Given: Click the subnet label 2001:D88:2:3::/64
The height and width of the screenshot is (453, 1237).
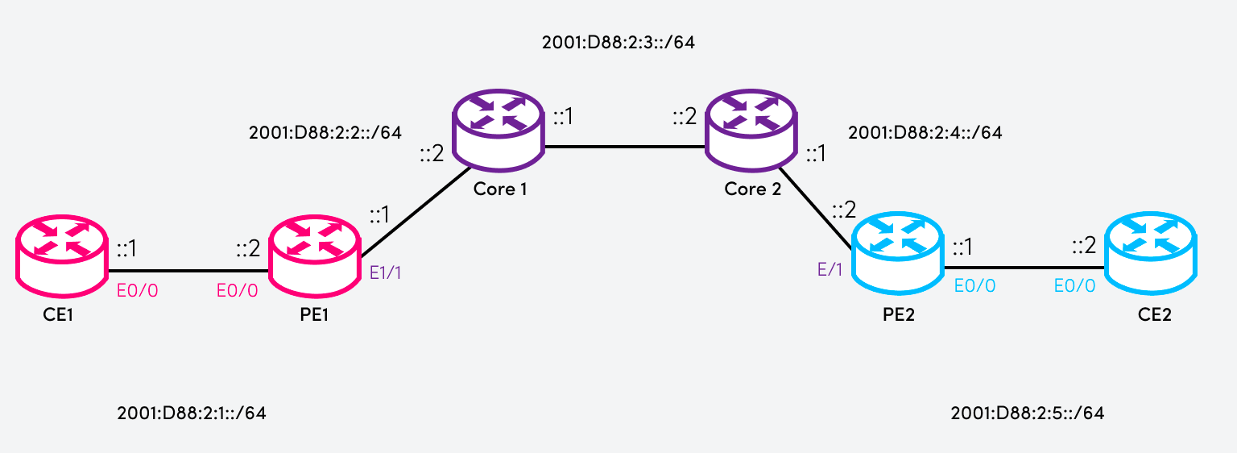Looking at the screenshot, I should click(x=618, y=42).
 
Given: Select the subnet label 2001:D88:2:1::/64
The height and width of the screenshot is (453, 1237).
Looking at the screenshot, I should click(x=191, y=414).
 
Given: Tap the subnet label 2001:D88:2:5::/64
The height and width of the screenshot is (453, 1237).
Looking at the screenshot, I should click(x=1027, y=414).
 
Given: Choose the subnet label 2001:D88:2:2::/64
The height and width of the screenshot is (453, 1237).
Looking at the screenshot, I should click(x=325, y=132).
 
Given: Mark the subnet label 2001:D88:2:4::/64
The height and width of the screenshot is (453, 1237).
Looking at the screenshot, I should click(x=925, y=133).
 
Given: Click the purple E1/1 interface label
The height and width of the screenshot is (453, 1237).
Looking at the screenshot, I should click(x=385, y=272).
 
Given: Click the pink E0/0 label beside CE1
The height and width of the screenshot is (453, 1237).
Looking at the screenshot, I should click(x=138, y=289).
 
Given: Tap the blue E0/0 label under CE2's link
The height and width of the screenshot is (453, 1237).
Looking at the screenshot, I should click(x=1075, y=285).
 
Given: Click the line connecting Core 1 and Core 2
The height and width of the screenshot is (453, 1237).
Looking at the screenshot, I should click(x=625, y=147).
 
